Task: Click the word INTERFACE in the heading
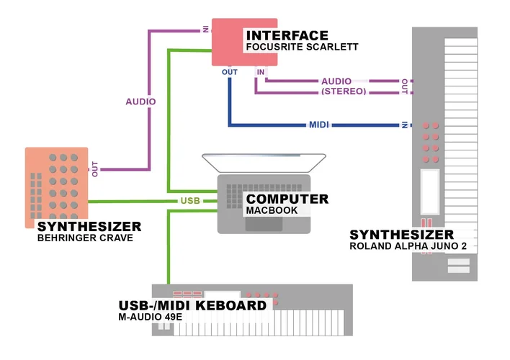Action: pos(287,35)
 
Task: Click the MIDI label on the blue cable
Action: pos(319,125)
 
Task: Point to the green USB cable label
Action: pos(190,201)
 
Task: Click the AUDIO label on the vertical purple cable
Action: pos(140,102)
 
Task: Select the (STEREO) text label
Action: pos(344,91)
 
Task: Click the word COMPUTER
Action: pos(287,199)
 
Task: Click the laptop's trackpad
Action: pos(264,224)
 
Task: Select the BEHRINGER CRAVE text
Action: pos(85,238)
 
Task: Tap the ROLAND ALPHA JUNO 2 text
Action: pos(412,246)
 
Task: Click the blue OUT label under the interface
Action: pos(229,72)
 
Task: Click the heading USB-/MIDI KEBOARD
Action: pos(193,305)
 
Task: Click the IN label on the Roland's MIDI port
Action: pos(406,125)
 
